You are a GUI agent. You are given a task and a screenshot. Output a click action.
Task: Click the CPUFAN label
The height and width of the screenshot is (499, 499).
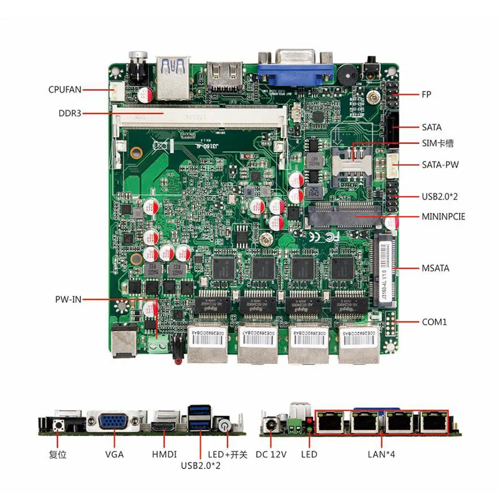click(65, 89)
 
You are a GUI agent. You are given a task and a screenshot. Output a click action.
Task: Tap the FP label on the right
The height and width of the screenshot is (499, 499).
click(426, 95)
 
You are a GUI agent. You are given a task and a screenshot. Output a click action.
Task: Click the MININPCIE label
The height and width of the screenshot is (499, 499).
click(443, 217)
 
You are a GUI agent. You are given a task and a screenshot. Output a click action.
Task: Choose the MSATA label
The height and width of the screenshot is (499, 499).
click(435, 268)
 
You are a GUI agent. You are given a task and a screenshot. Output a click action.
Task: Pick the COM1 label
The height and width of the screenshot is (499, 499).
click(434, 322)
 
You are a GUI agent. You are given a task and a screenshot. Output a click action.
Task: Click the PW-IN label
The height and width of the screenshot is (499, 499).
click(67, 299)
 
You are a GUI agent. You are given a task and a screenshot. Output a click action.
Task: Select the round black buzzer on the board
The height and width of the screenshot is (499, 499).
click(346, 73)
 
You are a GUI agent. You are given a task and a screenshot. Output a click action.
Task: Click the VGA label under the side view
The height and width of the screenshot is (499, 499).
click(114, 454)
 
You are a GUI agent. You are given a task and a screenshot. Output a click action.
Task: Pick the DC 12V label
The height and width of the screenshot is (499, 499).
click(271, 454)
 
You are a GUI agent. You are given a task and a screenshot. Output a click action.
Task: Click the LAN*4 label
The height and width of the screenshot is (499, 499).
click(381, 454)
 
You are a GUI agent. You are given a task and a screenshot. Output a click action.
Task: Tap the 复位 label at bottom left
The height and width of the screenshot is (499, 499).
click(57, 454)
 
